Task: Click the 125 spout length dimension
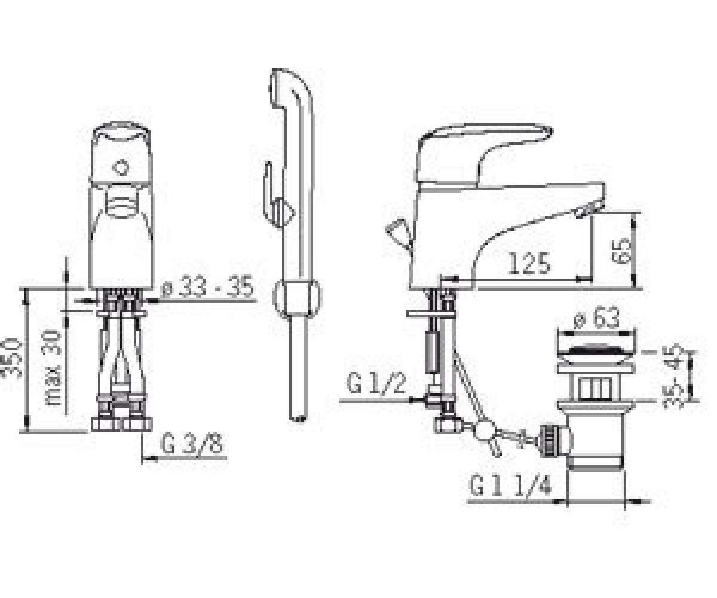coord(529,263)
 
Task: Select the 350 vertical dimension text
coord(11,358)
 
